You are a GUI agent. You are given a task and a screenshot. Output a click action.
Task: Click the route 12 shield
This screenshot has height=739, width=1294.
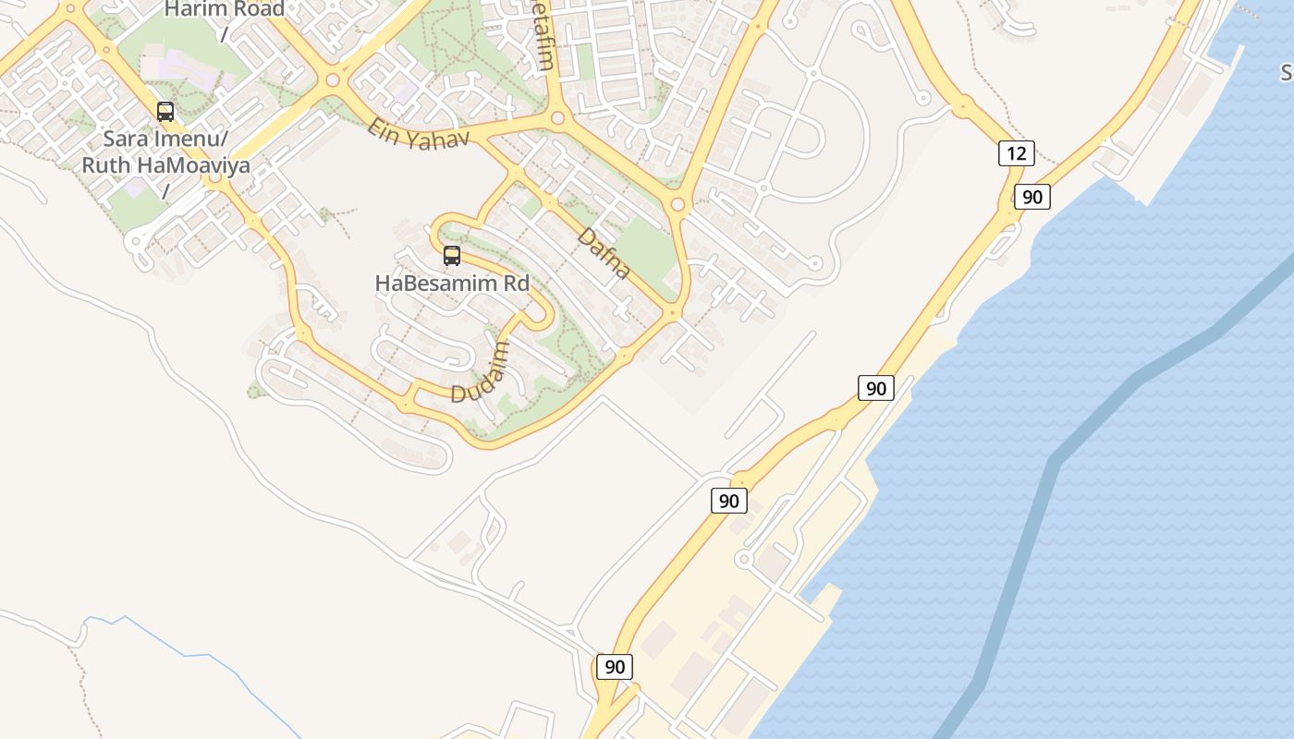pos(1016,153)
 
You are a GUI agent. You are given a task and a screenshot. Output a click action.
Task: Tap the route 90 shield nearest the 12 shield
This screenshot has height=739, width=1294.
pos(1032,196)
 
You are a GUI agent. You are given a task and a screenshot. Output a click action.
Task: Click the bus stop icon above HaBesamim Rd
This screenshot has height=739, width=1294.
pos(452,256)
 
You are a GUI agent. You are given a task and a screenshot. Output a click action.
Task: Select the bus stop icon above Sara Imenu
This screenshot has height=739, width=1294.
pos(165,112)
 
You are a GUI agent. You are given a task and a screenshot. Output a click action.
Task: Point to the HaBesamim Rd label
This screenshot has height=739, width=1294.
pos(452,284)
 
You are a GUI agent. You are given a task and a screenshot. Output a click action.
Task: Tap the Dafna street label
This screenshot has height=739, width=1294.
pos(604,253)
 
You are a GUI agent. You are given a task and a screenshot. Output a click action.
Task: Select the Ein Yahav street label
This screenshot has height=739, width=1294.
pos(418,131)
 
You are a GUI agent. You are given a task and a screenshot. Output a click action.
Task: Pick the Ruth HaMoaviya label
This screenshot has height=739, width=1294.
pos(167,165)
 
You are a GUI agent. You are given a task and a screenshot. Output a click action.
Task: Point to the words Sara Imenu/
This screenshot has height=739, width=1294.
pos(165,139)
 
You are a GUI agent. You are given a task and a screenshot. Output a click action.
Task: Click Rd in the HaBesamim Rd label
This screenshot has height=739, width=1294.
pos(514,284)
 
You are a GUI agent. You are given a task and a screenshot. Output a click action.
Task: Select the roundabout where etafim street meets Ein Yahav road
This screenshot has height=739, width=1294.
pos(557,118)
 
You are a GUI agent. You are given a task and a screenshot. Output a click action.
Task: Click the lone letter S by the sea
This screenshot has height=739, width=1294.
pos(1286,72)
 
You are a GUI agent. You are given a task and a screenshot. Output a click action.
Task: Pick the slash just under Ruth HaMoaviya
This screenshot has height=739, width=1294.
pos(166,191)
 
